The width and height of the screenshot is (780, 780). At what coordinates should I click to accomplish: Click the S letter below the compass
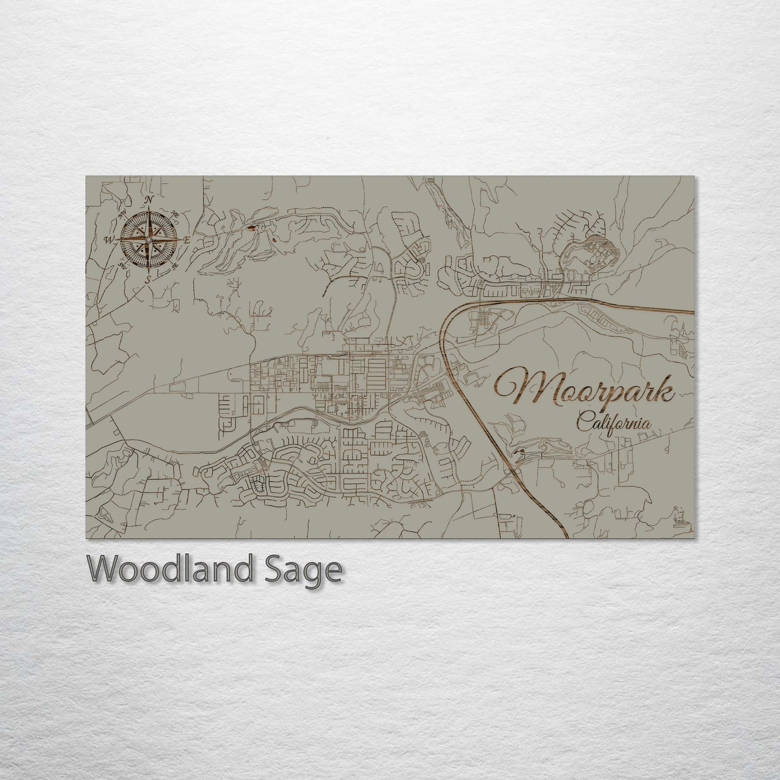click(x=148, y=279)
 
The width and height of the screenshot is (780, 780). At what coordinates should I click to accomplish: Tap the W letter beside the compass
click(x=109, y=240)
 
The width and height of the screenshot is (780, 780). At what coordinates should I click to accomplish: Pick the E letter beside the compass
click(x=187, y=240)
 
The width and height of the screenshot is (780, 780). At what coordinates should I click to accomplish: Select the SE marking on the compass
click(x=174, y=266)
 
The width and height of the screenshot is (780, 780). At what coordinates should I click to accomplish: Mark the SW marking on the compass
click(x=123, y=265)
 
